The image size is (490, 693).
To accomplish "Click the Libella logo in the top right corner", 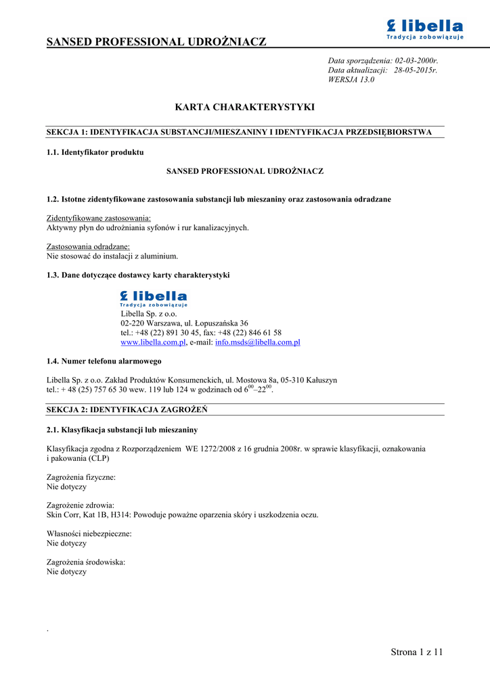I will (x=424, y=29).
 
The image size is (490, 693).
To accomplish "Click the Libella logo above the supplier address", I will (x=154, y=298).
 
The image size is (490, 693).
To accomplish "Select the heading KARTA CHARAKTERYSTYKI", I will (x=245, y=108).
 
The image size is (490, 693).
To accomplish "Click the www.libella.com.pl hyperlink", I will (x=153, y=342).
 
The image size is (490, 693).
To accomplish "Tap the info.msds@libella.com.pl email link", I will (x=257, y=342).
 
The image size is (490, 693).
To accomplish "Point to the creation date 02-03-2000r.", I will (x=416, y=61).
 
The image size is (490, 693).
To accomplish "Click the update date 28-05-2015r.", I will (x=416, y=70).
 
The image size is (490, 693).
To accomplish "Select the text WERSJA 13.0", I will (x=351, y=80).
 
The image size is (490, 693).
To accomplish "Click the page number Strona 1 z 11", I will (x=416, y=652).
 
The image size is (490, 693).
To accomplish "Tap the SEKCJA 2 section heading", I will (x=127, y=410).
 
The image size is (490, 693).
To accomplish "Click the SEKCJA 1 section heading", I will (x=238, y=132).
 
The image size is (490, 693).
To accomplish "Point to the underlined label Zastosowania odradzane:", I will (x=88, y=247).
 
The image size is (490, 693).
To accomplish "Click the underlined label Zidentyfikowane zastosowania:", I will (x=99, y=219).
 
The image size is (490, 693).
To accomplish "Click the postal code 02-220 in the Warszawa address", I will (x=135, y=323).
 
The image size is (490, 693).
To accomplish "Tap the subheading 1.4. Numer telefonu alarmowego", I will (x=104, y=361).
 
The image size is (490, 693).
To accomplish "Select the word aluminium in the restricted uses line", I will (x=160, y=256).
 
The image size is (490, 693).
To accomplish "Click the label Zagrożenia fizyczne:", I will (x=81, y=477).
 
